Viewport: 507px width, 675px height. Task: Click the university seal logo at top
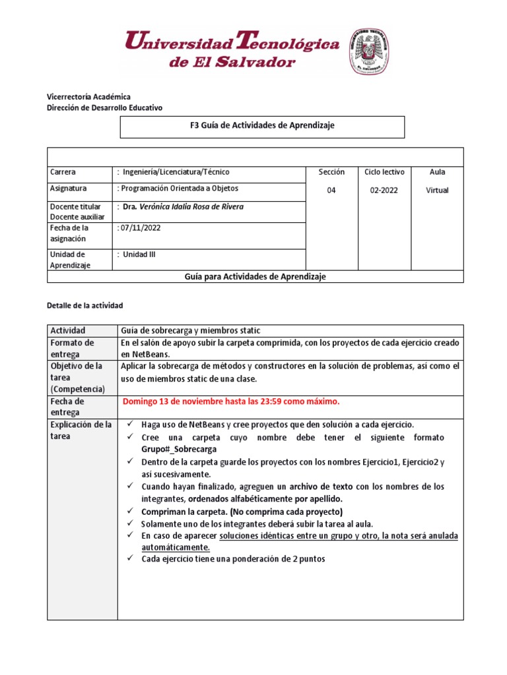point(368,51)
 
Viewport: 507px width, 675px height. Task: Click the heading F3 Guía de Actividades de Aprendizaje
point(262,126)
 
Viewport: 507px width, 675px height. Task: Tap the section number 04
point(331,191)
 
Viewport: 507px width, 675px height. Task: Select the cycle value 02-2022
point(384,191)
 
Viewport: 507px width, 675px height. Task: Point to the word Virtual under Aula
point(437,191)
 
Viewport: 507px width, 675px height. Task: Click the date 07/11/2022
point(140,228)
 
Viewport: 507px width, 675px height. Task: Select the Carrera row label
point(63,172)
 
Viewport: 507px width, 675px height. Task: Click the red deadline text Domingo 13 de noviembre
point(231,401)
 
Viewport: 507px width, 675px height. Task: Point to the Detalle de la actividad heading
point(85,306)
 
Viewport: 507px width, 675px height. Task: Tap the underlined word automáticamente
point(176,547)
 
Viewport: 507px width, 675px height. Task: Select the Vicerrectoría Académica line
point(88,97)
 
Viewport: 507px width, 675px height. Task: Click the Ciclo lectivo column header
point(384,172)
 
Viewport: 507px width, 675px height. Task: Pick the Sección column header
point(331,172)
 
